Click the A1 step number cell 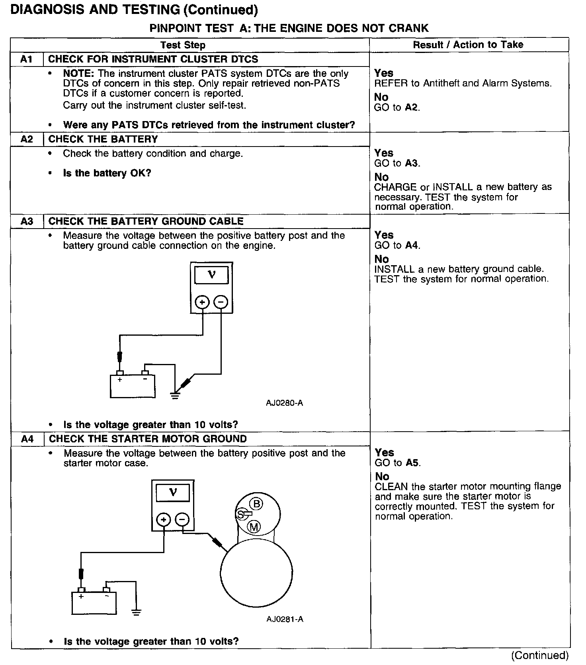click(x=26, y=59)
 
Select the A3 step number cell click(x=27, y=221)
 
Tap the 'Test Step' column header click(x=183, y=45)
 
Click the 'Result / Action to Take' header click(x=468, y=45)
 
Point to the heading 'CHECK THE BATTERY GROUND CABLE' click(x=146, y=221)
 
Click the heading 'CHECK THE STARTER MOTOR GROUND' click(x=148, y=439)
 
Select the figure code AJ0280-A click(x=284, y=403)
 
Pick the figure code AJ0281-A click(x=285, y=619)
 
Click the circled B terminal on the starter click(x=257, y=504)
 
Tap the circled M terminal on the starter click(x=254, y=527)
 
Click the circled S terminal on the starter click(x=240, y=514)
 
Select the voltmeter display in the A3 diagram click(x=211, y=275)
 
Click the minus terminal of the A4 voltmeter click(x=182, y=520)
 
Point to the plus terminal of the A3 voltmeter click(x=202, y=302)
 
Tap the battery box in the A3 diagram click(x=132, y=386)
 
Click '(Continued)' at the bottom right click(x=540, y=655)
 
